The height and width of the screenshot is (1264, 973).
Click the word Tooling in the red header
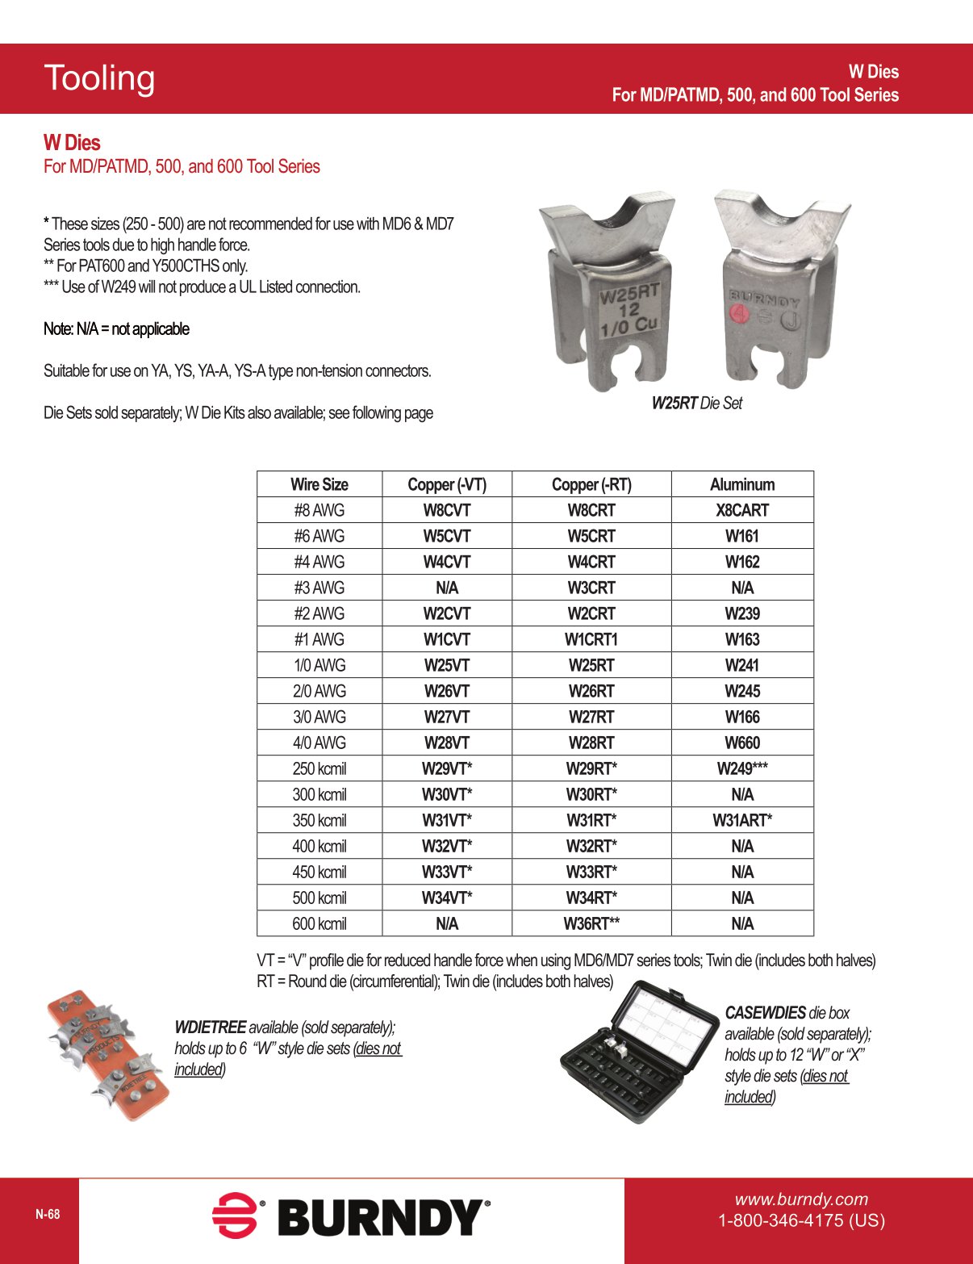(99, 78)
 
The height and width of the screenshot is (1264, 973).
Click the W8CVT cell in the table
(446, 510)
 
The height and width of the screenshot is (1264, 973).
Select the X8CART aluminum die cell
(741, 510)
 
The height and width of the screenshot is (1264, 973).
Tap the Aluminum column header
(741, 484)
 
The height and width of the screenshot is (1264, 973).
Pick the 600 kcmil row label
(319, 923)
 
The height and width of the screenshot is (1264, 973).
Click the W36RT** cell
(591, 923)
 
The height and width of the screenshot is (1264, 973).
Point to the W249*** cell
(741, 768)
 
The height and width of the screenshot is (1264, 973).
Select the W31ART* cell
(741, 820)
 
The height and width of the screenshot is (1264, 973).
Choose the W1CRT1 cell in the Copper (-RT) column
(591, 639)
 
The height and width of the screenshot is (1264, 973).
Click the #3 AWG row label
(319, 588)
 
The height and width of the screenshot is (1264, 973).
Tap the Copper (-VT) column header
(446, 484)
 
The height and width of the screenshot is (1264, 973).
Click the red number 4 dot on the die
(739, 313)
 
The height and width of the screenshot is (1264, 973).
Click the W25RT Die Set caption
(696, 403)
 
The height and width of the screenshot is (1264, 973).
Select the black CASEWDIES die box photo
(637, 1053)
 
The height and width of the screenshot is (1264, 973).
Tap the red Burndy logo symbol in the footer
(235, 1215)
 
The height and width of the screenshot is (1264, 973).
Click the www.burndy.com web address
(800, 1199)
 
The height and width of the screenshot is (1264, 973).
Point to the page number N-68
(48, 1214)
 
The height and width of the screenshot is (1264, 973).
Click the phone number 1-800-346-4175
(800, 1220)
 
